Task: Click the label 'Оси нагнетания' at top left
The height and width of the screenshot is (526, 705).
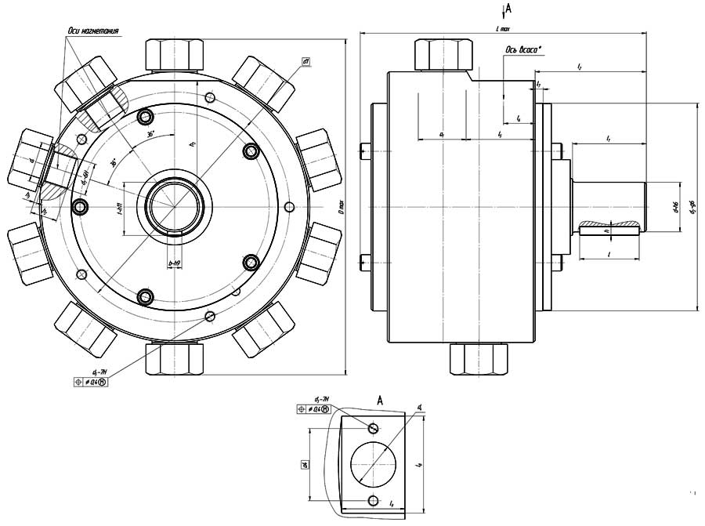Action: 92,31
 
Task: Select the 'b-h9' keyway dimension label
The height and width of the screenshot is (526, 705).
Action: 175,264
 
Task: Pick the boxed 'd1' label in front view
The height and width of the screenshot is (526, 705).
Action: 306,61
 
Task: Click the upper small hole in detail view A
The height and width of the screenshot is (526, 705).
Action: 374,427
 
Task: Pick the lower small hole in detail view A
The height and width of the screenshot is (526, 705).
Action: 374,500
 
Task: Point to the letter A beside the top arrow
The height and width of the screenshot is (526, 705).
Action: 509,9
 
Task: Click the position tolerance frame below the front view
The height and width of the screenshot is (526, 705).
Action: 92,382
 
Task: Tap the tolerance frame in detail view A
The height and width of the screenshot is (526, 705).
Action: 314,409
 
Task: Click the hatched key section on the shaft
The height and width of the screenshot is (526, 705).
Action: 609,227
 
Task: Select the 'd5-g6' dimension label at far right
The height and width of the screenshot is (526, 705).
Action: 692,208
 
